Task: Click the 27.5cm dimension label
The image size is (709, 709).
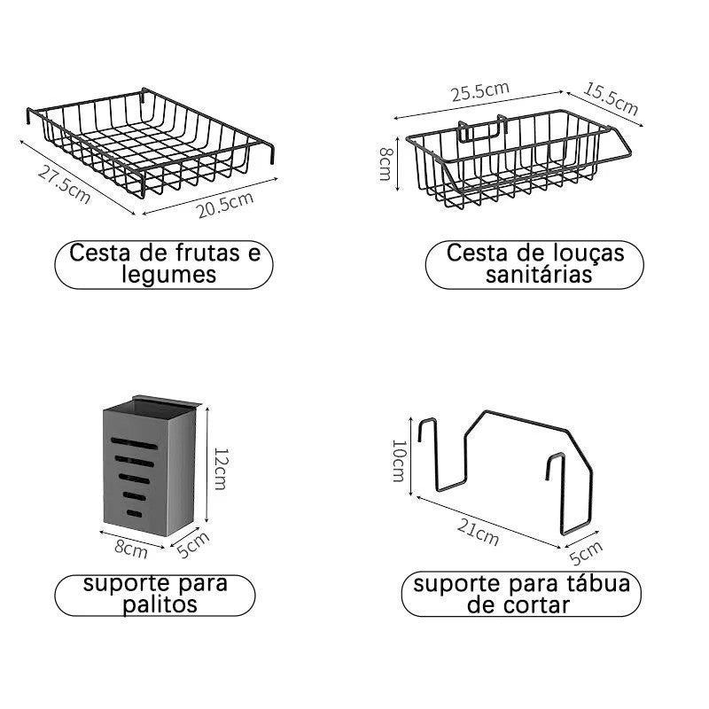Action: [64, 184]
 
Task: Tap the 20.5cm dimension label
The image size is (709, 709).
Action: [225, 205]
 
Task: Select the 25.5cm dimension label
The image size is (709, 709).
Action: [479, 92]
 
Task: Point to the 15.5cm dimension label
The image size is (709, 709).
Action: [611, 98]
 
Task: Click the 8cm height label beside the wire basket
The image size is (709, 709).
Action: [386, 164]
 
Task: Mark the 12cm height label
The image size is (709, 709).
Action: [220, 469]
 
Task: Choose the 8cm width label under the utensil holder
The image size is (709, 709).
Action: [130, 549]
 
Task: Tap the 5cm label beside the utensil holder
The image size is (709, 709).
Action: [193, 544]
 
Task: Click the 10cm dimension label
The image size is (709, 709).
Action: [398, 461]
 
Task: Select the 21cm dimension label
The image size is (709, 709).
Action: [478, 533]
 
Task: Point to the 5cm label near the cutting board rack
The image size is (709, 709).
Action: [586, 553]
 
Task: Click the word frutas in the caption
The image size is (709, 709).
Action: [208, 253]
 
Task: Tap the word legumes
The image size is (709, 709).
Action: [169, 276]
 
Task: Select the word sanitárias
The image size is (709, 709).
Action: [539, 275]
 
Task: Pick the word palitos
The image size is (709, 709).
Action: [160, 604]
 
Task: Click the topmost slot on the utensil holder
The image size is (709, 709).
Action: [135, 443]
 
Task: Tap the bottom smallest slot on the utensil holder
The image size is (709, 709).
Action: [135, 514]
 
